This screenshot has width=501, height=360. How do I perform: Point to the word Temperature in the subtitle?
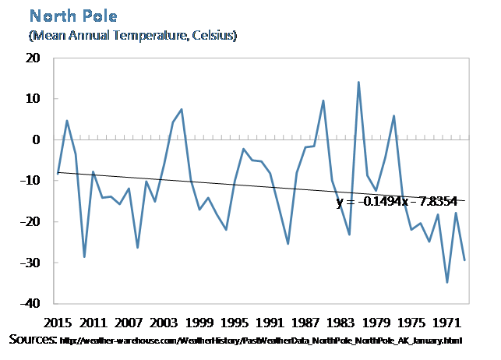154,36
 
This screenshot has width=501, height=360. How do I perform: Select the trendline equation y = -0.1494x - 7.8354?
396,203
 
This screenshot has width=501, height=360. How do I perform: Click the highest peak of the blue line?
358,82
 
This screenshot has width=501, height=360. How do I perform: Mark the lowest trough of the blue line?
447,282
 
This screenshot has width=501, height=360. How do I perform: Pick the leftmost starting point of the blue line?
58,173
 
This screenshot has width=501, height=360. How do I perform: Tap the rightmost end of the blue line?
465,260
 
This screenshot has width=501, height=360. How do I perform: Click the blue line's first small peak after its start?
67,121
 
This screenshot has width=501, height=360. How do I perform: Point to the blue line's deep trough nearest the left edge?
84,256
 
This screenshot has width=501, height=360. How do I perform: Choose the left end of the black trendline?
58,172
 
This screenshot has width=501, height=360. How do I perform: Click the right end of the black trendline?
465,201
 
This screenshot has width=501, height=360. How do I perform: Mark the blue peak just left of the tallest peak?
323,101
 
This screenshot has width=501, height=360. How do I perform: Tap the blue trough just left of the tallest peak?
349,235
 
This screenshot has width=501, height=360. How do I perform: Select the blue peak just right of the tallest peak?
394,116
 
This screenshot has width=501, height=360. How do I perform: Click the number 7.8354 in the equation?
432,203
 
